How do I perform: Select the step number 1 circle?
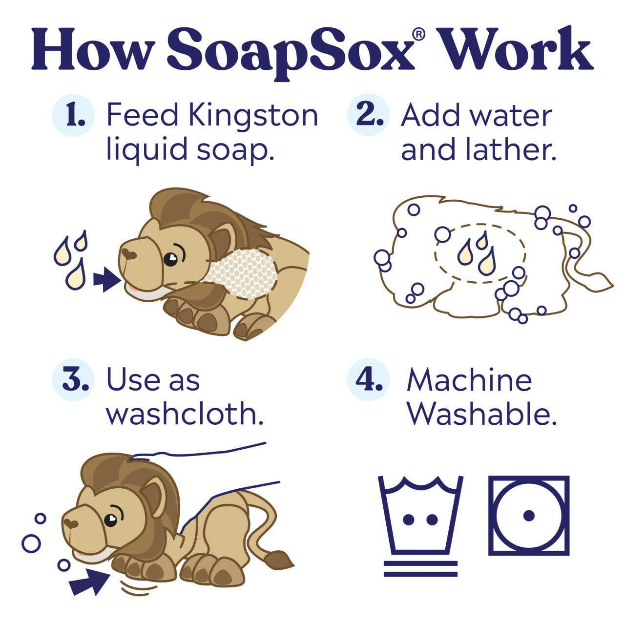click(73, 115)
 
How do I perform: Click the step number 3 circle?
click(73, 380)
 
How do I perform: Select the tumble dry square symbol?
click(529, 515)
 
